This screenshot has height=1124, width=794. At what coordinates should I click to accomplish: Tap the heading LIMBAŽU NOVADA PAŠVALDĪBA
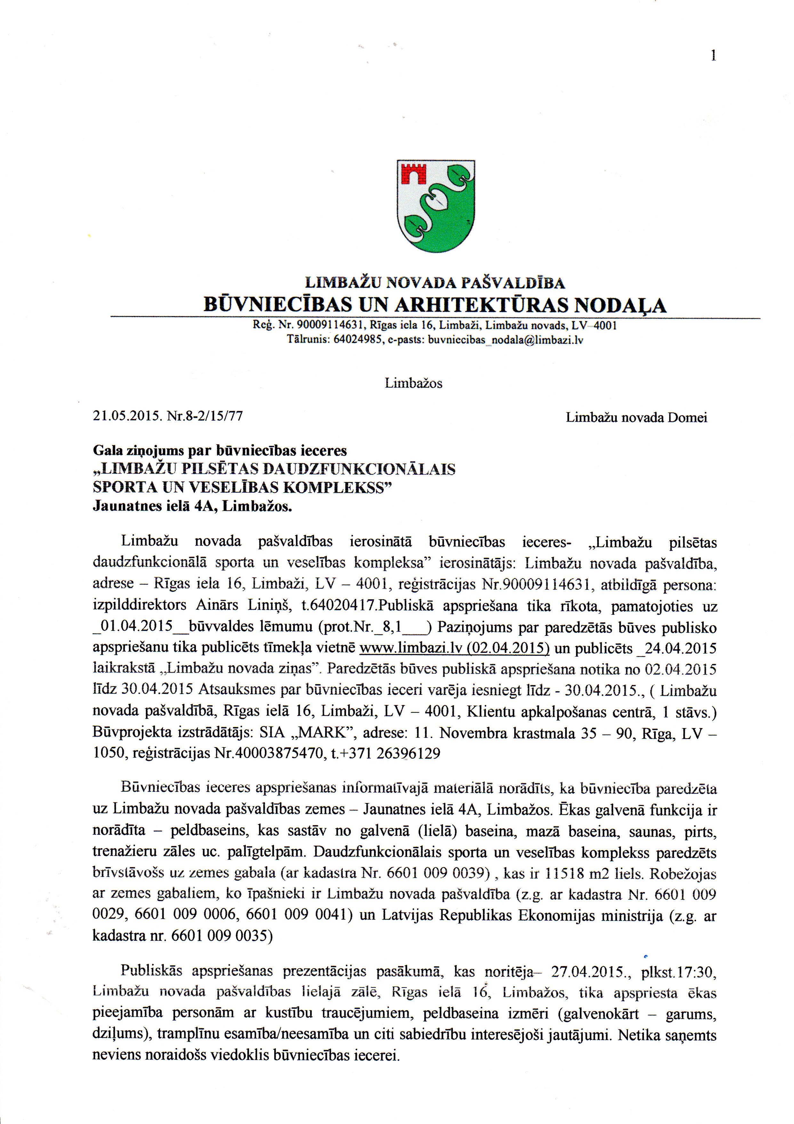coord(435,283)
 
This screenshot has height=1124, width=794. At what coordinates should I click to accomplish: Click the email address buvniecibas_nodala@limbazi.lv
coord(505,340)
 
